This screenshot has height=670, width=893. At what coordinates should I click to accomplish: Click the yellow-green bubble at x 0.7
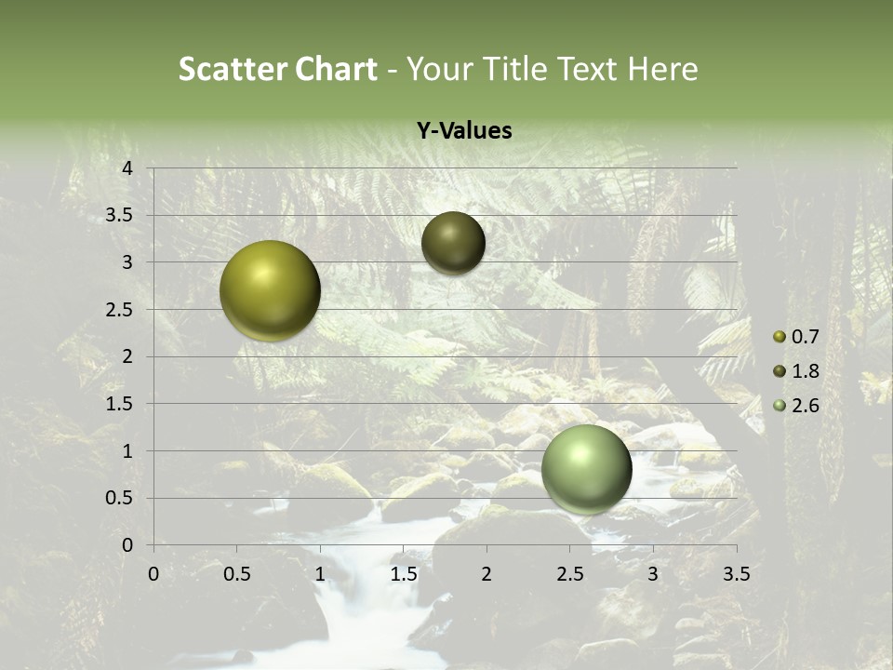270,290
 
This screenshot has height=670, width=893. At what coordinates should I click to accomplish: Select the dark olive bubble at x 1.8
453,243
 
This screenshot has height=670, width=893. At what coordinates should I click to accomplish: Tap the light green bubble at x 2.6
586,469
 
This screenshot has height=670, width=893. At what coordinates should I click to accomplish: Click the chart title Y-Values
463,131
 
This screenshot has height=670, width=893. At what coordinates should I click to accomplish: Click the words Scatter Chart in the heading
277,69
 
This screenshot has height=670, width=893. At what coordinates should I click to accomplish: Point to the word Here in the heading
661,69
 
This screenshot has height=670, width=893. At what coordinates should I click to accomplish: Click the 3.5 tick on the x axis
736,573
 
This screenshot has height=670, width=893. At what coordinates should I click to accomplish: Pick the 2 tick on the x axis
486,573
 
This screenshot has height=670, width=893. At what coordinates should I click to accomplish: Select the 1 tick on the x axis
320,573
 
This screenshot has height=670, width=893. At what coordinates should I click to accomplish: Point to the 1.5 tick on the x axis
403,573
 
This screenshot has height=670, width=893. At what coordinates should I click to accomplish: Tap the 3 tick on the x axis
653,573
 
